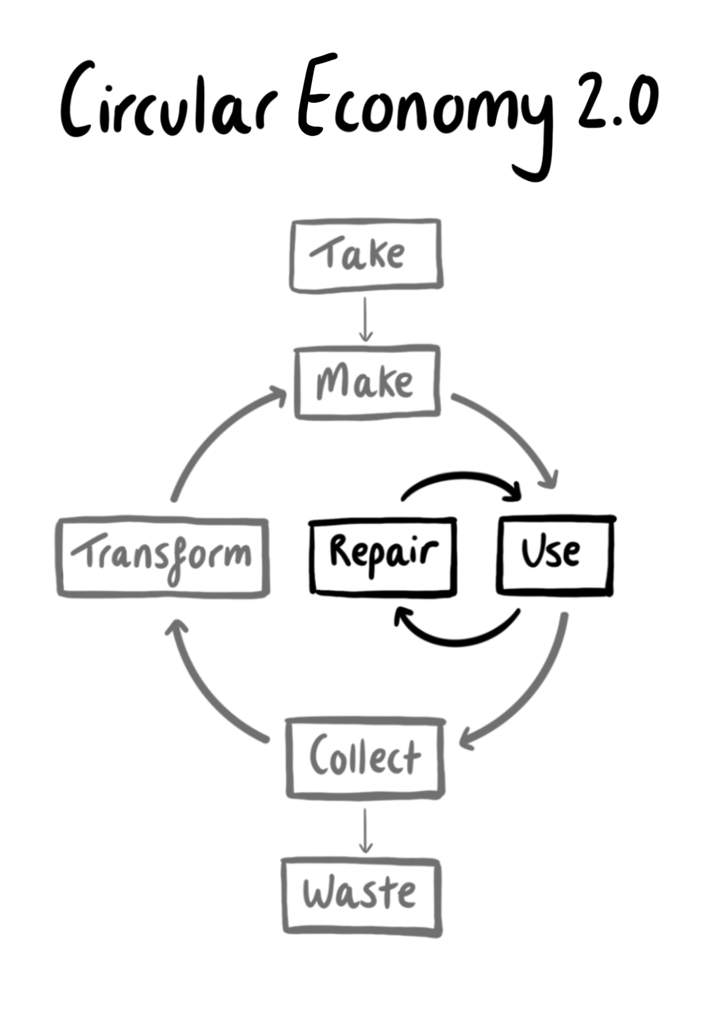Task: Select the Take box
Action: coord(366,254)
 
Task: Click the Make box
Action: coord(367,382)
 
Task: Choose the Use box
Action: coord(555,555)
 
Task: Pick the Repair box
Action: coord(383,555)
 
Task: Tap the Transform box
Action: coord(163,557)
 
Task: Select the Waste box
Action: coord(361,896)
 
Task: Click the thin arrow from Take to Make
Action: coord(366,319)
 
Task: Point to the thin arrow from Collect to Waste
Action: coord(365,830)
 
